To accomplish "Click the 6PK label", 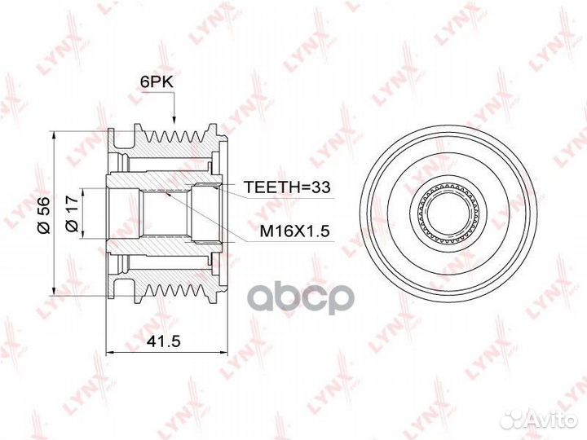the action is (157, 82).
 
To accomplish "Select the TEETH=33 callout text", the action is (287, 187).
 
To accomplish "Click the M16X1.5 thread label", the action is (294, 231).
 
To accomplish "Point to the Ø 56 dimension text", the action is (43, 215).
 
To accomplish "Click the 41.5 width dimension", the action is (164, 341).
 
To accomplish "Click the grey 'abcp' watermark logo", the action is (302, 298).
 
